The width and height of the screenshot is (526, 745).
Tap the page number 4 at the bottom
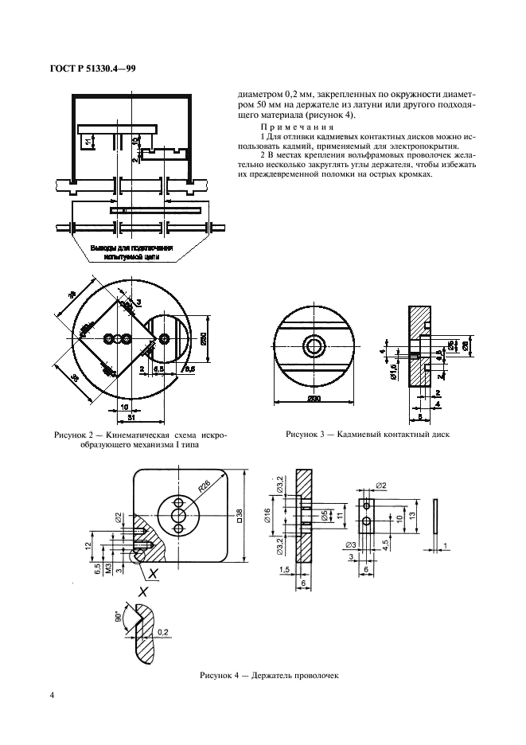pyautogui.click(x=52, y=695)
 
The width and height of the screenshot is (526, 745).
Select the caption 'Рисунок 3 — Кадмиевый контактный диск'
pyautogui.click(x=368, y=435)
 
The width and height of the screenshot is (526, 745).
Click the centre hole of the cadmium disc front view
pyautogui.click(x=314, y=345)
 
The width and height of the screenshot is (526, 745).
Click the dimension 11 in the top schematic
pyautogui.click(x=88, y=142)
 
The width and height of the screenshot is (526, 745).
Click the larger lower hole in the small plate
pyautogui.click(x=365, y=521)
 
